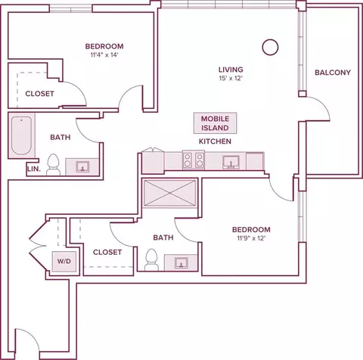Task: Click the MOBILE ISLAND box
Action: pyautogui.click(x=215, y=123)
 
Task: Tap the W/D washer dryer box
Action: pyautogui.click(x=64, y=261)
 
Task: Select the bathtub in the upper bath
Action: pyautogui.click(x=21, y=135)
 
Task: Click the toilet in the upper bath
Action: pyautogui.click(x=53, y=165)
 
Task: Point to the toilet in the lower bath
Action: pyautogui.click(x=151, y=259)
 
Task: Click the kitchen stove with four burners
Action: pyautogui.click(x=194, y=160)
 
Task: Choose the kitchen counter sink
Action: pyautogui.click(x=231, y=162)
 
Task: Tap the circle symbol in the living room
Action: pyautogui.click(x=270, y=47)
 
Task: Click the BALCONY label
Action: pyautogui.click(x=333, y=73)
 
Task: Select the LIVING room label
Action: pyautogui.click(x=231, y=70)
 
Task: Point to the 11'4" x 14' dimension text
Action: pyautogui.click(x=104, y=54)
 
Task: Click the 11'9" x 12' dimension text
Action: pyautogui.click(x=251, y=238)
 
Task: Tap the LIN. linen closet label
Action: pyautogui.click(x=34, y=169)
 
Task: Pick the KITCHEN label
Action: pyautogui.click(x=215, y=141)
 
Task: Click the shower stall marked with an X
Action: pyautogui.click(x=170, y=193)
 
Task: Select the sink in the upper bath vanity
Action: pyautogui.click(x=82, y=166)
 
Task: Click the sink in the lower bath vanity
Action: pyautogui.click(x=181, y=262)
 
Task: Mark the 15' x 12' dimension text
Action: pyautogui.click(x=231, y=79)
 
